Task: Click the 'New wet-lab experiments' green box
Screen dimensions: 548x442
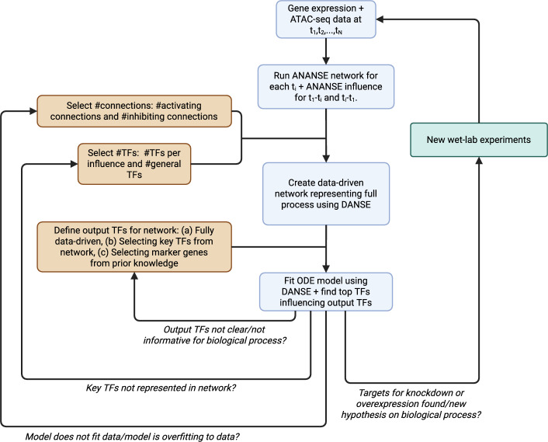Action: pyautogui.click(x=479, y=140)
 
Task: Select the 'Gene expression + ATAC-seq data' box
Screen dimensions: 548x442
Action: pyautogui.click(x=326, y=19)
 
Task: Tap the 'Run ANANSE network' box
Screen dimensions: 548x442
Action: pyautogui.click(x=326, y=86)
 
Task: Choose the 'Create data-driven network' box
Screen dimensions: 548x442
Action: pyautogui.click(x=326, y=193)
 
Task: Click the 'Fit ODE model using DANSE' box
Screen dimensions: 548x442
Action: pyautogui.click(x=326, y=291)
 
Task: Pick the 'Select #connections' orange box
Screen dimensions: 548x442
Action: pyautogui.click(x=134, y=111)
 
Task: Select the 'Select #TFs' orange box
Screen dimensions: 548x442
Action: pyautogui.click(x=134, y=164)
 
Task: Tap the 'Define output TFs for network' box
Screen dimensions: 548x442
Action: pyautogui.click(x=134, y=246)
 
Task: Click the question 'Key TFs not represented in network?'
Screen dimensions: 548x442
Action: pyautogui.click(x=161, y=388)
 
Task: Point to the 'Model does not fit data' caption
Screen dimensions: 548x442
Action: pyautogui.click(x=132, y=437)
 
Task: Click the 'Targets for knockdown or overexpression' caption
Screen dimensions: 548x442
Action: pyautogui.click(x=411, y=404)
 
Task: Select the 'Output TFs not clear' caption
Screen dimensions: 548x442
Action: pyautogui.click(x=214, y=335)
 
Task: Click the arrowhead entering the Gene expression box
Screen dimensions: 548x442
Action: pyautogui.click(x=380, y=19)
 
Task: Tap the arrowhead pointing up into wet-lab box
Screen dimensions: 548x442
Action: pyautogui.click(x=479, y=161)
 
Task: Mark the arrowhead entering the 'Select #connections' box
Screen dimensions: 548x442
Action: pyautogui.click(x=33, y=111)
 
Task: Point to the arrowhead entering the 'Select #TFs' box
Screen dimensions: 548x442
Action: pyautogui.click(x=74, y=164)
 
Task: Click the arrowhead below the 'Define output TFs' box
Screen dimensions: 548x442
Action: pyautogui.click(x=134, y=276)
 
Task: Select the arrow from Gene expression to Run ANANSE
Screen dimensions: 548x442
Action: pyautogui.click(x=326, y=51)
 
